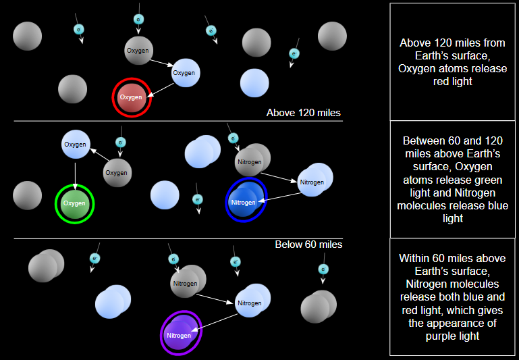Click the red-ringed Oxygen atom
pos(132,97)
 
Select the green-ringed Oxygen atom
pos(74,203)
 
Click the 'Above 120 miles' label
pos(304,113)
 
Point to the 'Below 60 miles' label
pos(308,245)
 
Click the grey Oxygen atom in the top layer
pos(138,51)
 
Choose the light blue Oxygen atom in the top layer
pos(185,73)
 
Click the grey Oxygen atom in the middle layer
pos(117,173)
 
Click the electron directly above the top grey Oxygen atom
pos(138,20)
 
